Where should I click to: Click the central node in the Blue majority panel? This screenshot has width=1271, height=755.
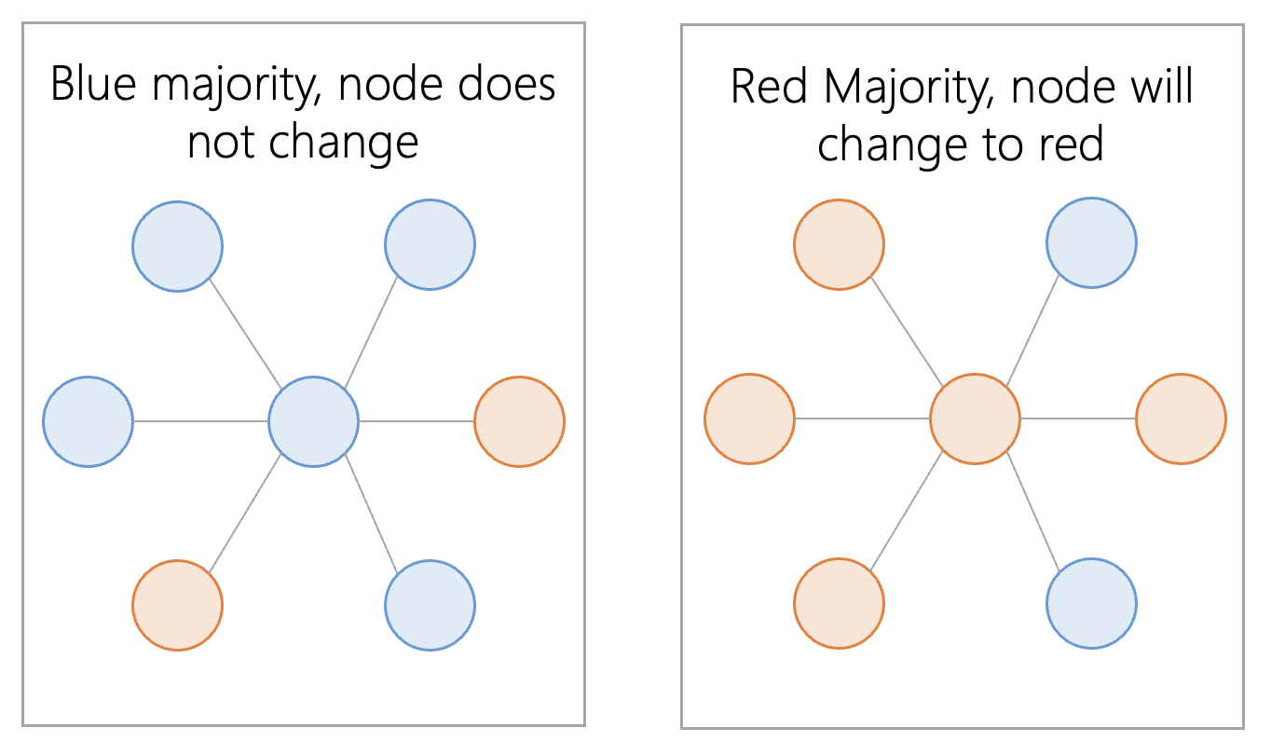pyautogui.click(x=313, y=422)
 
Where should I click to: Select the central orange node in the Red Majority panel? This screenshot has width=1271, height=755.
pyautogui.click(x=975, y=419)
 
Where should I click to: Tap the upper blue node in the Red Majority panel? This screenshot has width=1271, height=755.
pyautogui.click(x=1091, y=243)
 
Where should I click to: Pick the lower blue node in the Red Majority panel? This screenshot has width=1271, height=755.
pyautogui.click(x=1091, y=603)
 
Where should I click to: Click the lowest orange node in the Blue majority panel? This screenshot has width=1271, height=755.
pyautogui.click(x=178, y=605)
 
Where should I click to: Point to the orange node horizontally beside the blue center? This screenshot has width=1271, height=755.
pyautogui.click(x=519, y=422)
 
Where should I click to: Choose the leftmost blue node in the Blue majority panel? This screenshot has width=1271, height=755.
pyautogui.click(x=88, y=422)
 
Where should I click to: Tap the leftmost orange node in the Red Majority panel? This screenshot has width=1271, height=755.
pyautogui.click(x=749, y=419)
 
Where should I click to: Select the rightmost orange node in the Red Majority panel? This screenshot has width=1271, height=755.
pyautogui.click(x=1181, y=419)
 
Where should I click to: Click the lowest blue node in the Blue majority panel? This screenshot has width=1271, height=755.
pyautogui.click(x=430, y=605)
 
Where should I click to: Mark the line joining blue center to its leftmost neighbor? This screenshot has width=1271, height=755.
pyautogui.click(x=200, y=421)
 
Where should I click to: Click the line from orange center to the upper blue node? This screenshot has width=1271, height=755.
pyautogui.click(x=1032, y=331)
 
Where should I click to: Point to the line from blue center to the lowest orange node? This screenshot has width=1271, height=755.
pyautogui.click(x=245, y=514)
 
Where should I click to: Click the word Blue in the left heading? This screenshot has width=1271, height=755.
pyautogui.click(x=93, y=84)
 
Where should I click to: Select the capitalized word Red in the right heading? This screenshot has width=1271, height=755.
pyautogui.click(x=769, y=87)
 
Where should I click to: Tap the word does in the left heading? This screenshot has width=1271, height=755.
pyautogui.click(x=506, y=84)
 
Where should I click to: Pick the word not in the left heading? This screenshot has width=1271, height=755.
pyautogui.click(x=220, y=142)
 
